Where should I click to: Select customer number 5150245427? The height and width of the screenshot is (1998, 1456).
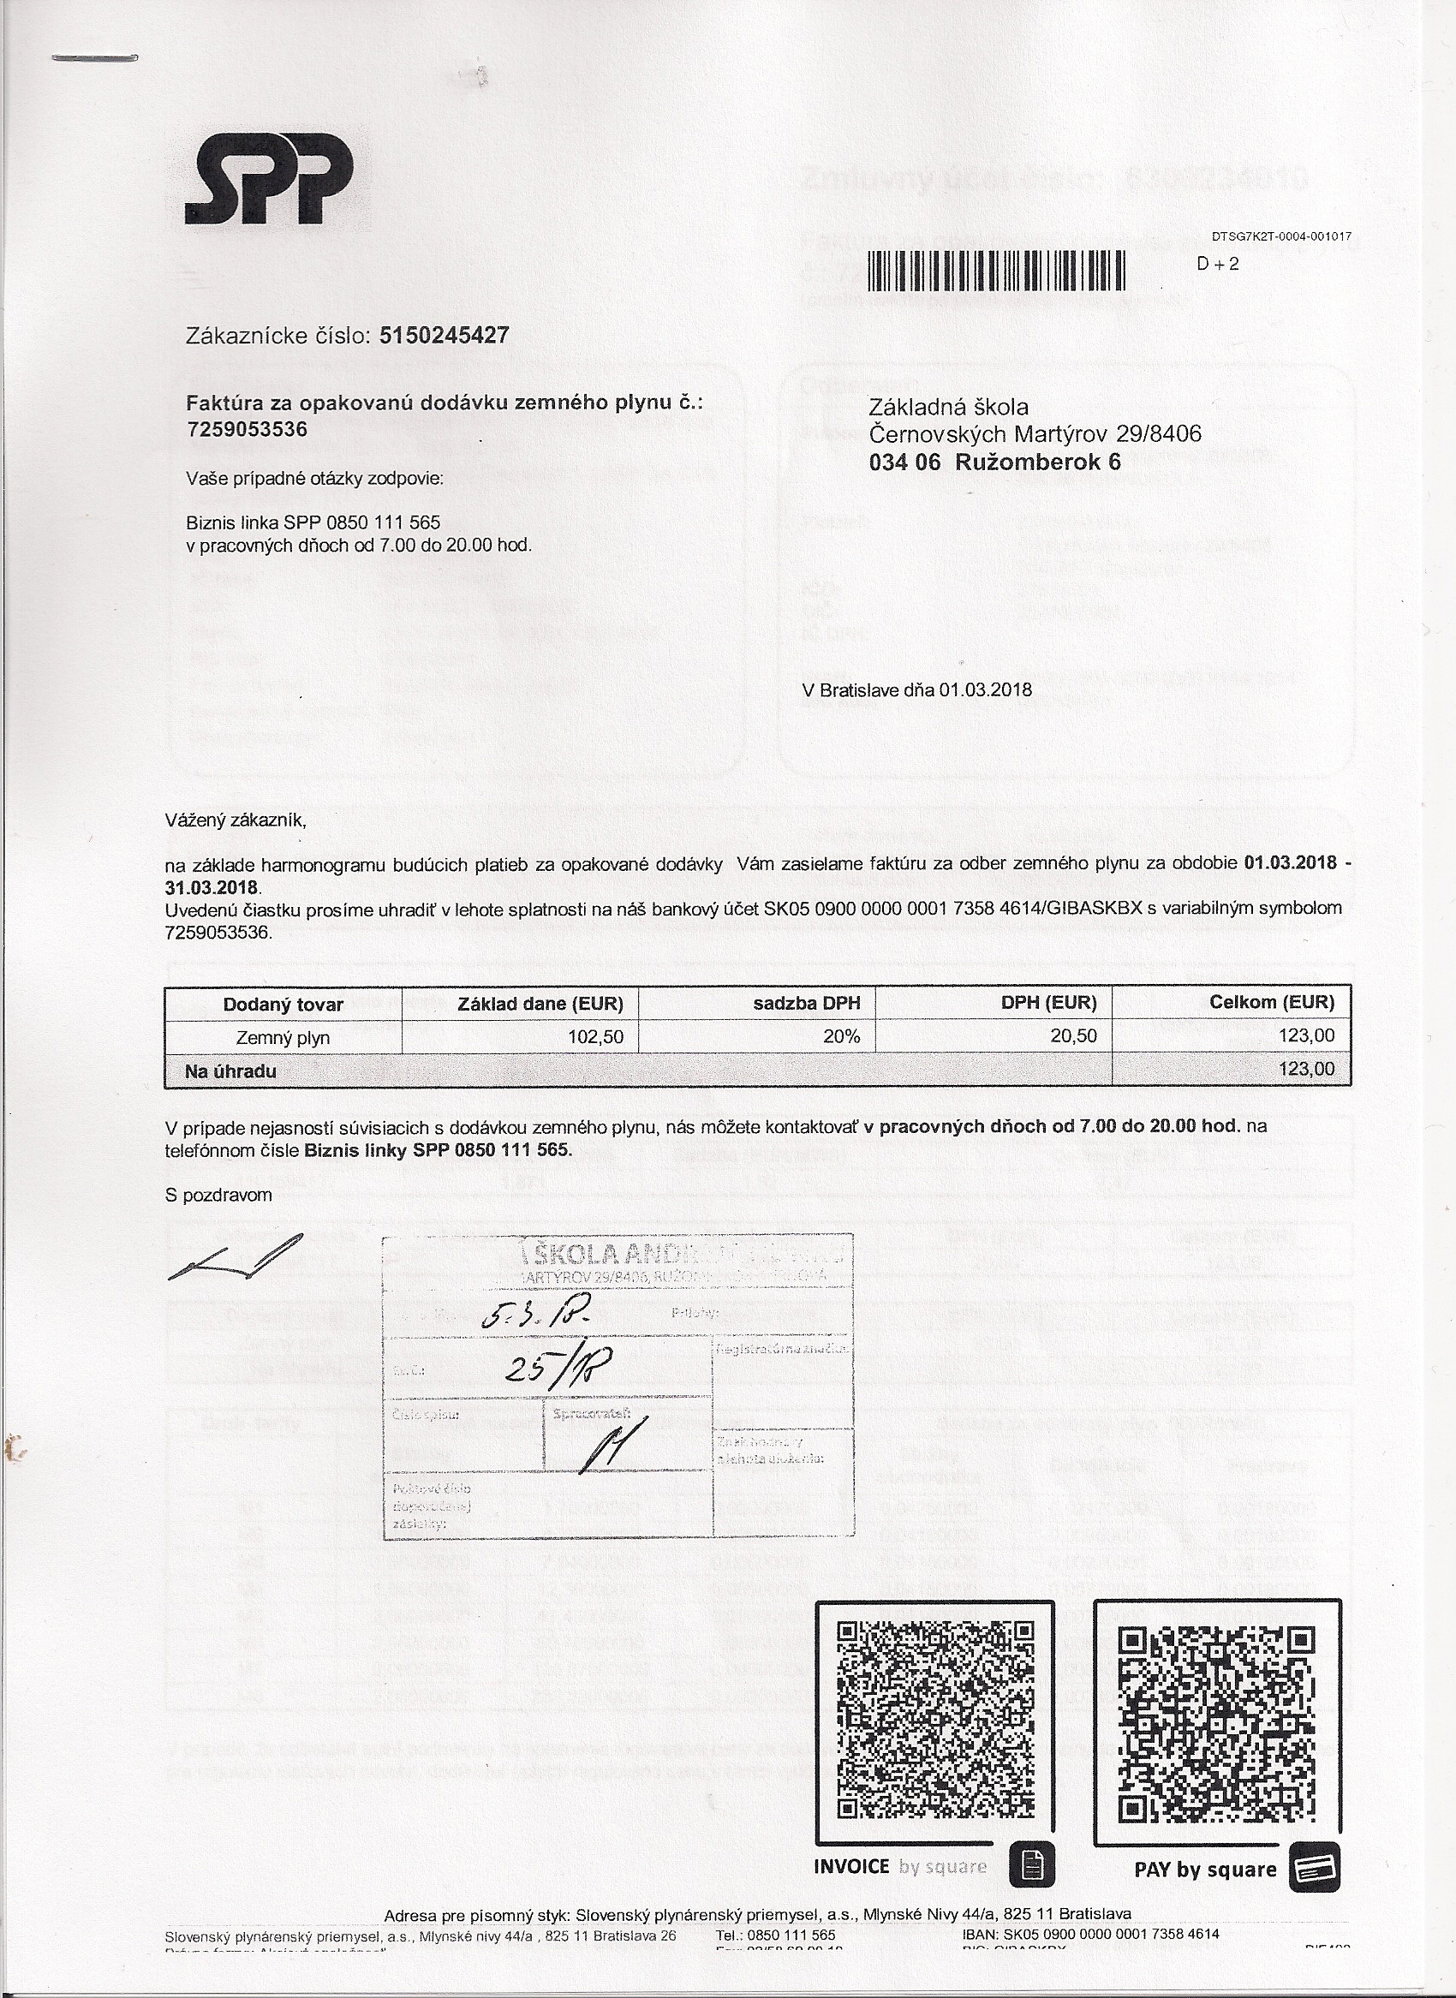point(444,336)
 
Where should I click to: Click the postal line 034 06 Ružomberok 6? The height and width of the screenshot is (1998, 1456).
point(994,462)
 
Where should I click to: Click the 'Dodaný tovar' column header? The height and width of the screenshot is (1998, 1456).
point(283,1004)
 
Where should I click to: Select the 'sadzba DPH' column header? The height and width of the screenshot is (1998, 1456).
point(807,1003)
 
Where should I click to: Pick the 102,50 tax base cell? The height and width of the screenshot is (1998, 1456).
point(597,1037)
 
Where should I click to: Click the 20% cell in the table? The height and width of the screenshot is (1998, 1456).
point(841,1037)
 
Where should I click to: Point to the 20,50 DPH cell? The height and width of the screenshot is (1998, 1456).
point(1073,1037)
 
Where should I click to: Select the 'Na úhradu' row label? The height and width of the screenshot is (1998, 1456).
point(231,1071)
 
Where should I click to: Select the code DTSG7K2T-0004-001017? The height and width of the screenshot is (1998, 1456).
point(1280,236)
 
